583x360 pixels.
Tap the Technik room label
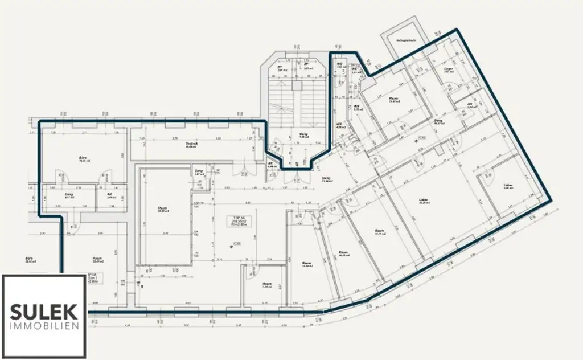click(x=191, y=145)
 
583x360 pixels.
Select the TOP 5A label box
click(x=235, y=220)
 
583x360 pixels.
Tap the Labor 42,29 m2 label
click(x=423, y=201)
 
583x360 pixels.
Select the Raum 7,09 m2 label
click(x=266, y=285)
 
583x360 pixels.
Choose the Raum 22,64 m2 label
click(x=97, y=260)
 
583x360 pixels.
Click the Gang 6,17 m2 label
click(x=69, y=196)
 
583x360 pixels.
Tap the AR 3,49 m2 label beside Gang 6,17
click(x=109, y=196)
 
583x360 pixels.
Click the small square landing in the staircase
click(x=297, y=85)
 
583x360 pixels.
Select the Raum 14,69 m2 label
click(x=343, y=253)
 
